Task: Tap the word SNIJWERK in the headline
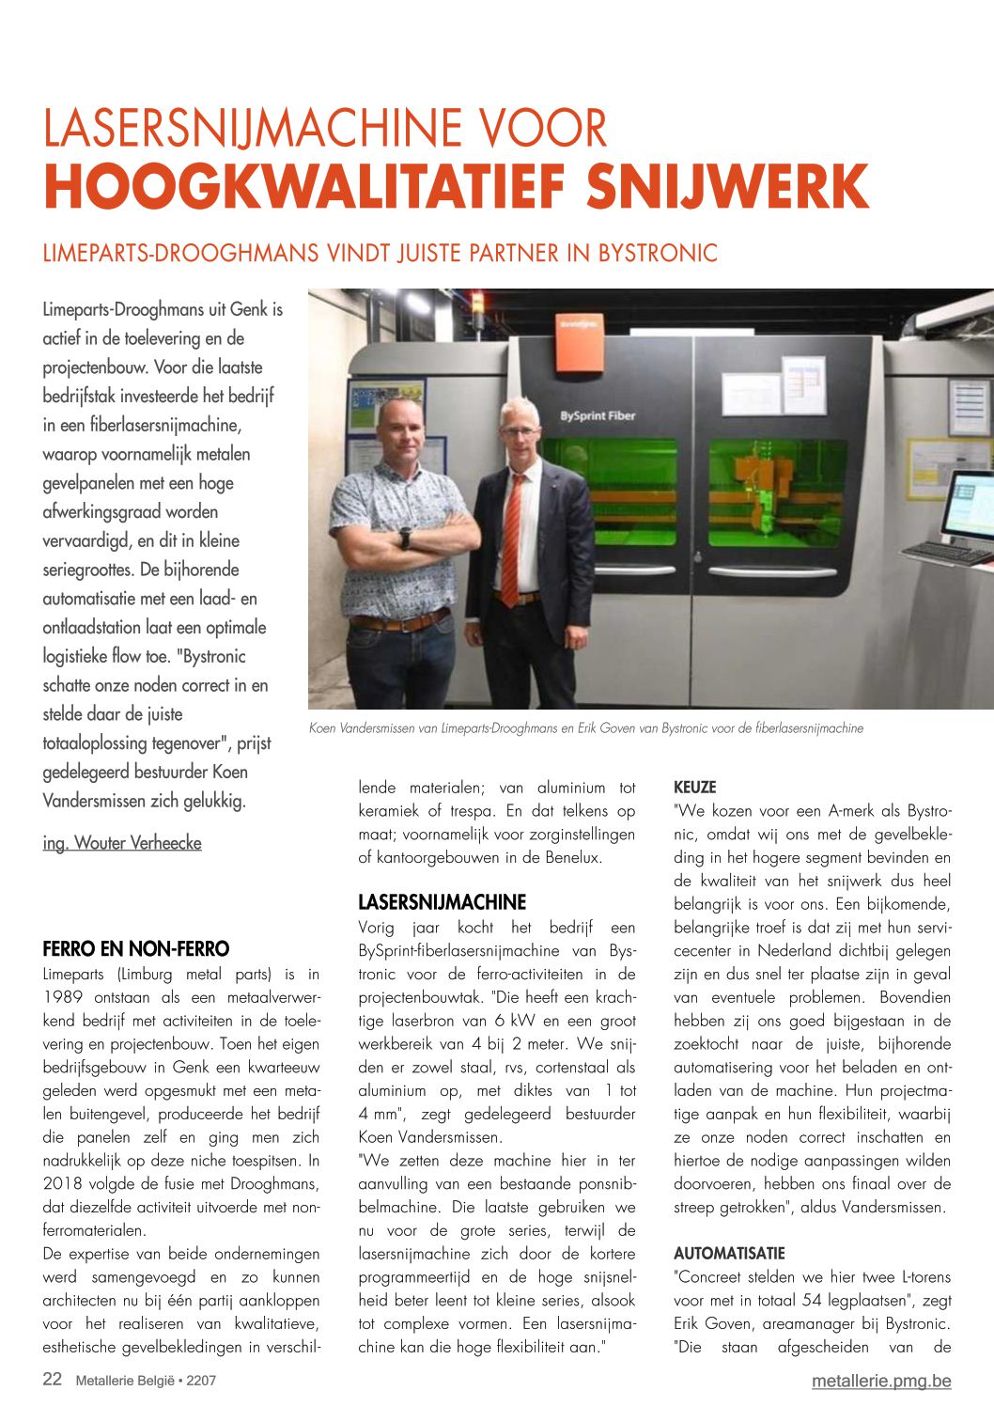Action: pos(727,188)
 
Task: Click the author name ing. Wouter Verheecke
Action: pos(122,843)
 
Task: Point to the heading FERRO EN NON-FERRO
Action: pos(136,948)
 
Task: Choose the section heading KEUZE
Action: pos(695,788)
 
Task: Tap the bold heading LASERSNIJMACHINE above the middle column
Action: pos(442,902)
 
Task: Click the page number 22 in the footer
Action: pos(53,1380)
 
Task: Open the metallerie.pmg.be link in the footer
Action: pos(881,1381)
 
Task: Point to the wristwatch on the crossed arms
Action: pos(405,538)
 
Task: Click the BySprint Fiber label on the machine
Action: pos(598,415)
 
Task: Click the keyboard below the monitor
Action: pos(949,554)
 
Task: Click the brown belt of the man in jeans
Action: pos(399,622)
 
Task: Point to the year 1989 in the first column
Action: pos(63,997)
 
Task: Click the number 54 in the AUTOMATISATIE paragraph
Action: pos(814,1301)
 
